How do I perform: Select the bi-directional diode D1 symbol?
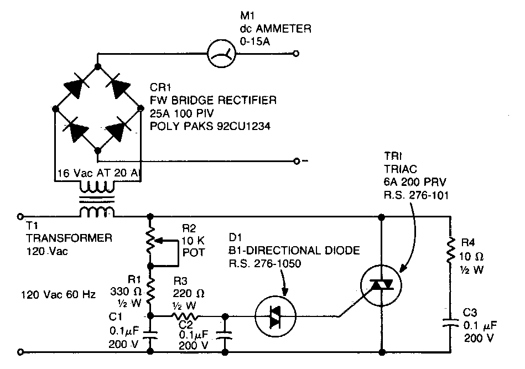[276, 317]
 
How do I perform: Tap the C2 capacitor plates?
[225, 335]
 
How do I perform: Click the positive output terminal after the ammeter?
[297, 54]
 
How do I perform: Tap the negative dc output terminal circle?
[297, 161]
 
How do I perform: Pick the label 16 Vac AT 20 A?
[98, 173]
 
